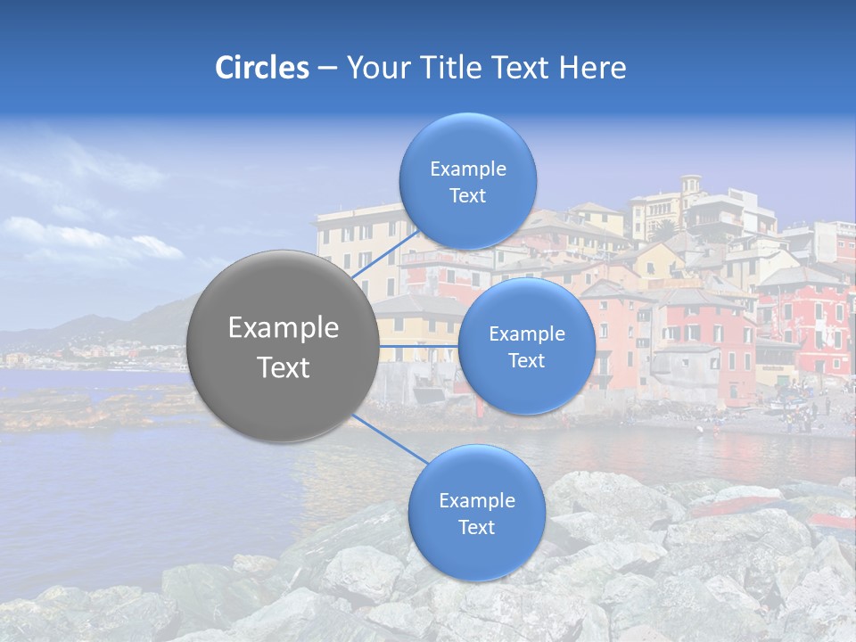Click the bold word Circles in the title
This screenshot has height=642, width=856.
[x=262, y=68]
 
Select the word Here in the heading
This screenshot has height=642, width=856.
[x=593, y=68]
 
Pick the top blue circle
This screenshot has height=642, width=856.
[x=467, y=143]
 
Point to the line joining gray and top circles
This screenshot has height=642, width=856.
[x=385, y=256]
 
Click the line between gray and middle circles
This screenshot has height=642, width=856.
[x=419, y=345]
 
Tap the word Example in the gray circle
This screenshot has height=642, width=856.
[x=284, y=328]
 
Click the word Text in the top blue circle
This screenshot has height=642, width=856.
[x=467, y=196]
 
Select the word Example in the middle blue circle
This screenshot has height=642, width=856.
[x=526, y=334]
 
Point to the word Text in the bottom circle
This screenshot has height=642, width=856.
[x=476, y=527]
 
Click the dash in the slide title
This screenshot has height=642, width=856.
[x=326, y=69]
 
